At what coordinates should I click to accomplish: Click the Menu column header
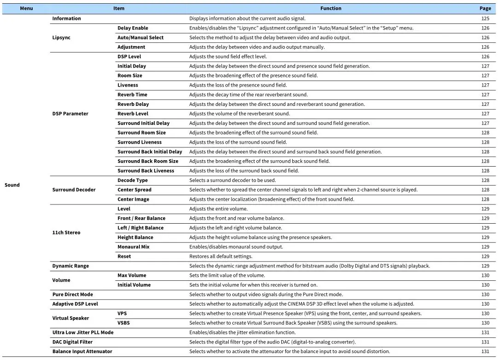(x=26, y=8)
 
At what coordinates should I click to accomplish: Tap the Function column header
(x=330, y=8)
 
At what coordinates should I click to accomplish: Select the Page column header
(x=485, y=8)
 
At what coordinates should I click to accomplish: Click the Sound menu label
(x=12, y=185)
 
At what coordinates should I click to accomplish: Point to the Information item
(x=66, y=18)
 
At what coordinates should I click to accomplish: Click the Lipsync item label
(x=61, y=38)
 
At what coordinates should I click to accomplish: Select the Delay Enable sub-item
(x=133, y=28)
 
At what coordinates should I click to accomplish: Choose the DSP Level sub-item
(x=129, y=57)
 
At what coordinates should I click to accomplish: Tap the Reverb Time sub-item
(x=132, y=95)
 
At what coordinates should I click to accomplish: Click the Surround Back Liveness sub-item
(x=145, y=171)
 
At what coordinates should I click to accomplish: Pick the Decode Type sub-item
(x=133, y=180)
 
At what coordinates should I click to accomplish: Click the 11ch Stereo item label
(x=66, y=232)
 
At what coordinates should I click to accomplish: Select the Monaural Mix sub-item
(x=133, y=247)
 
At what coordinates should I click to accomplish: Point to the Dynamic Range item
(x=70, y=266)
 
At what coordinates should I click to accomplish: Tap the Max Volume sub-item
(x=132, y=275)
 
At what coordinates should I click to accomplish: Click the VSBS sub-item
(x=123, y=323)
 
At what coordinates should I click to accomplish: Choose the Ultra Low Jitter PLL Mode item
(x=82, y=332)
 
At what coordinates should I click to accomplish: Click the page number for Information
(x=485, y=18)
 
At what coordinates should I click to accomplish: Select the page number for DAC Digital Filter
(x=485, y=342)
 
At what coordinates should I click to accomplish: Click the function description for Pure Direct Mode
(x=266, y=295)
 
